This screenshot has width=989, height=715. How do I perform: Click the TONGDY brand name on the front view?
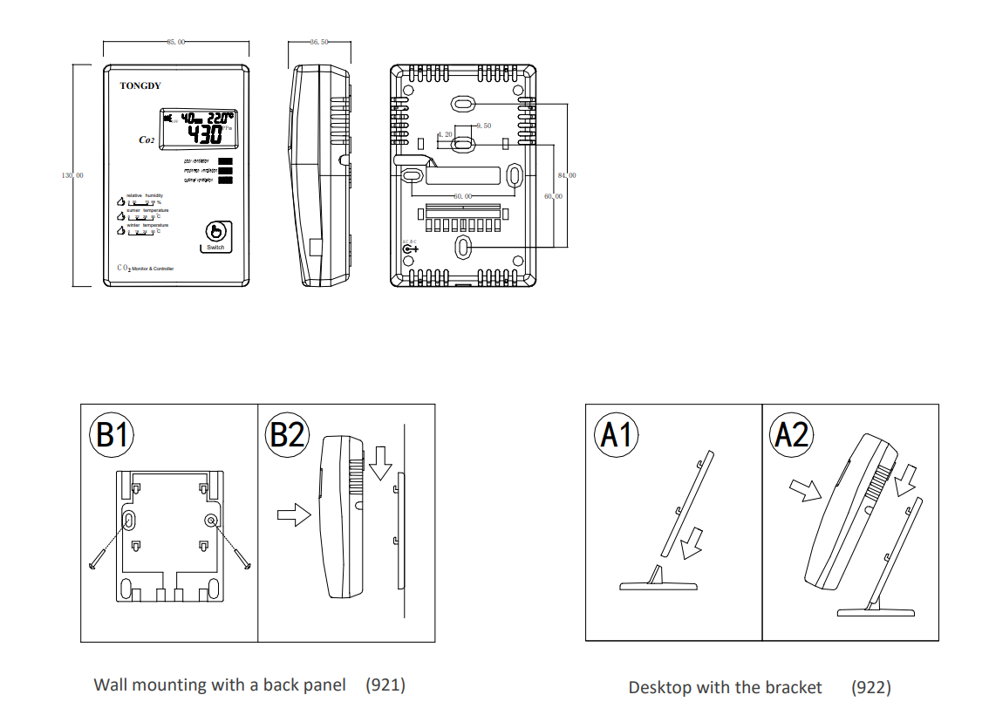(x=140, y=85)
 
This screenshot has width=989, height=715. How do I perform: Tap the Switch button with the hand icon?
(x=215, y=235)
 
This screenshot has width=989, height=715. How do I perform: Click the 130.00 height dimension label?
(x=72, y=176)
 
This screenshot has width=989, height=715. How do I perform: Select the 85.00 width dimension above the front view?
(x=175, y=41)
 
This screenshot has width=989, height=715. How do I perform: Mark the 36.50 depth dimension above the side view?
(x=318, y=41)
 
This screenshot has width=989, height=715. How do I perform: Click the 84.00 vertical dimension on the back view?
(x=566, y=176)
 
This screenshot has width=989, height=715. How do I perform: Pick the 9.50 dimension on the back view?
(x=483, y=126)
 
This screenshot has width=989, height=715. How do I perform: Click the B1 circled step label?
(x=112, y=433)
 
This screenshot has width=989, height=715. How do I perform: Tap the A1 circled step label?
(x=617, y=433)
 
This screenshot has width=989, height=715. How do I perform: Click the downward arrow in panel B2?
(x=379, y=463)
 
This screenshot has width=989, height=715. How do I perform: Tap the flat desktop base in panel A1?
(x=658, y=586)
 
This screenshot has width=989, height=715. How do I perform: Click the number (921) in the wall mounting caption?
(x=385, y=685)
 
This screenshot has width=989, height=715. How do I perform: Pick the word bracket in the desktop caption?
(x=793, y=688)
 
